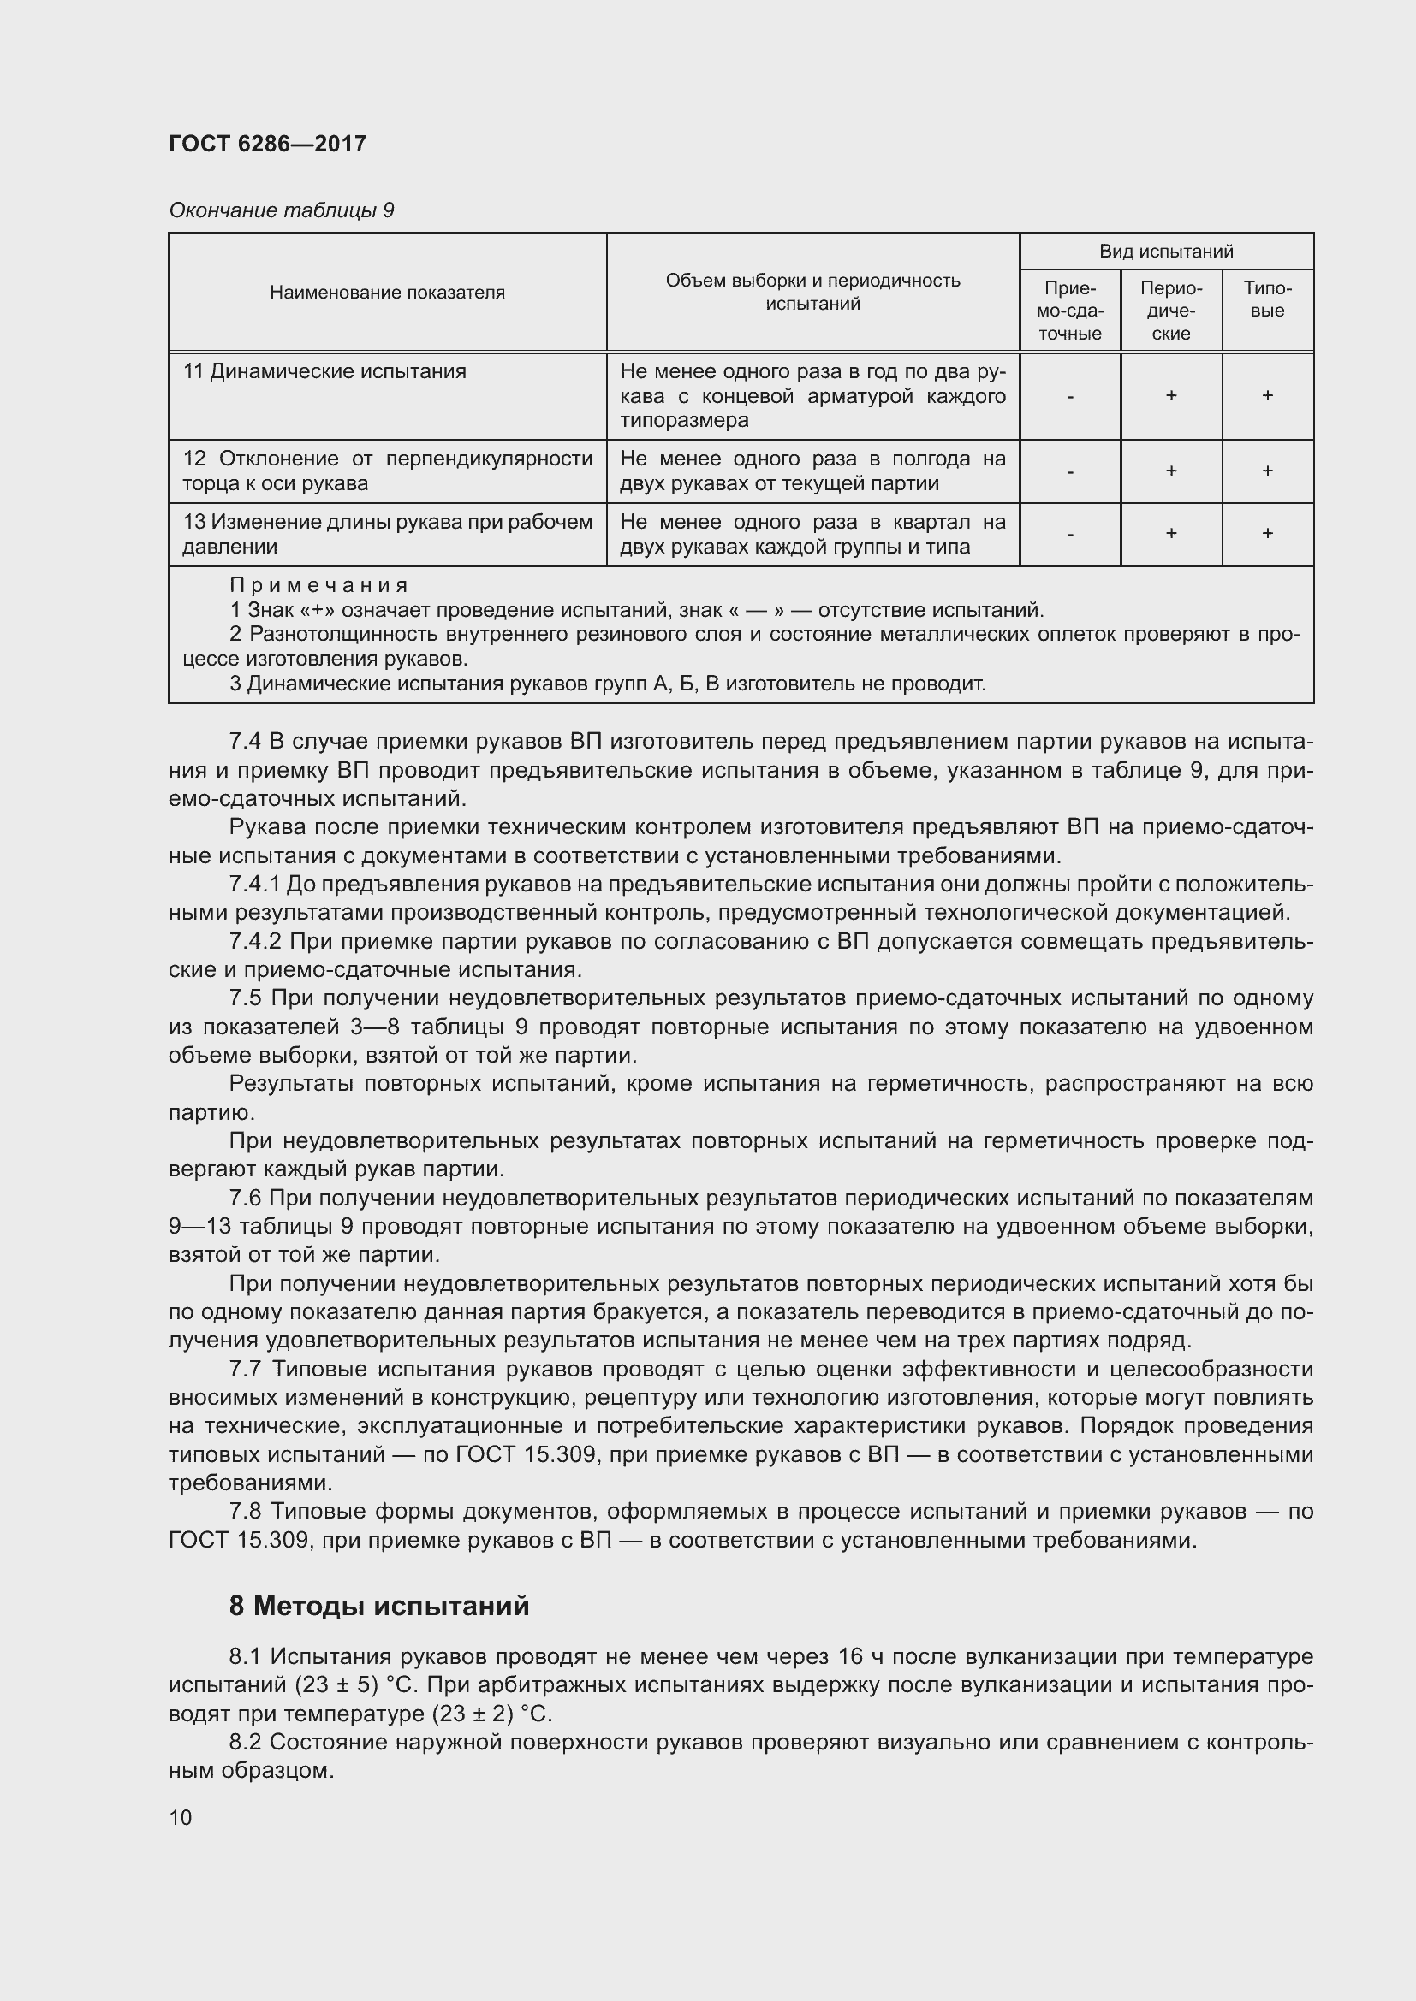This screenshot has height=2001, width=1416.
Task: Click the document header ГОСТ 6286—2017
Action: pyautogui.click(x=267, y=144)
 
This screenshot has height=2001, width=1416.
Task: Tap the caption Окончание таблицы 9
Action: pyautogui.click(x=281, y=210)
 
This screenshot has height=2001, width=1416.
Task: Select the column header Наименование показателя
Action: pyautogui.click(x=387, y=292)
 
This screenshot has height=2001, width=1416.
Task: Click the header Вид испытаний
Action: pyautogui.click(x=1166, y=251)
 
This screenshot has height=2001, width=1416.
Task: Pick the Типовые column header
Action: pyautogui.click(x=1267, y=299)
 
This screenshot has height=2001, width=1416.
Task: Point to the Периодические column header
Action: pyautogui.click(x=1170, y=311)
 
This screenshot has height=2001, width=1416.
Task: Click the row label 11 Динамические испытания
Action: pyautogui.click(x=324, y=371)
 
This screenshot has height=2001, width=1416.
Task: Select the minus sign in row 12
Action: pyautogui.click(x=1070, y=471)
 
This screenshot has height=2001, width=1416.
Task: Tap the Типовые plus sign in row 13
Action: pyautogui.click(x=1267, y=533)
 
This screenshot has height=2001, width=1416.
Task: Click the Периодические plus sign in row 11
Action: pyautogui.click(x=1170, y=396)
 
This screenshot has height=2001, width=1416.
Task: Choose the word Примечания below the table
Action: pyautogui.click(x=318, y=585)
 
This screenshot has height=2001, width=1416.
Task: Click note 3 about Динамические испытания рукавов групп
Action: pyautogui.click(x=607, y=684)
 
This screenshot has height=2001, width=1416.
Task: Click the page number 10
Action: pyautogui.click(x=181, y=1817)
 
